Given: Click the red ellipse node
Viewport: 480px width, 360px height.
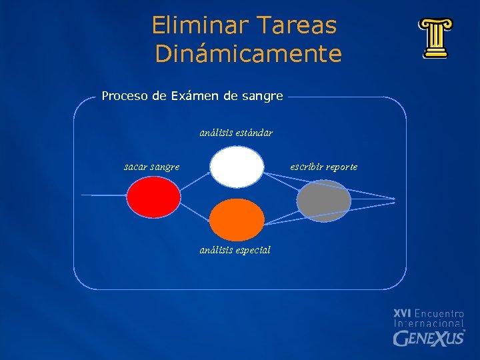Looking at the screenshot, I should [154, 197].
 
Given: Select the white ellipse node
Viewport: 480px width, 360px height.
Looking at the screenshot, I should [237, 167].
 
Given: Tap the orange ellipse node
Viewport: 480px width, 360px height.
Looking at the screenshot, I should [237, 220].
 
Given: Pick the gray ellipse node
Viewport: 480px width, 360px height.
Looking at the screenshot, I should [323, 201].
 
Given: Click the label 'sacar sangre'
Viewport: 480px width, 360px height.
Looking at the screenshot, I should [151, 167].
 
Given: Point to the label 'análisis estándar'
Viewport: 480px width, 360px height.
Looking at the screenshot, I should [236, 133].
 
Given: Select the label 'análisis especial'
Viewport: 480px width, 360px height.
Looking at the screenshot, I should [235, 250].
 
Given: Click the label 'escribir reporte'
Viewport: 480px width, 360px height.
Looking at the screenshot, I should [324, 167].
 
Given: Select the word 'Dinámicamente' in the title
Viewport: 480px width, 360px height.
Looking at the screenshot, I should [248, 54].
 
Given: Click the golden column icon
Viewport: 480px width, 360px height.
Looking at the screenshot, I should [435, 39].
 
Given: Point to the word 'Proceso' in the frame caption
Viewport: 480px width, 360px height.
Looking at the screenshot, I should [125, 96].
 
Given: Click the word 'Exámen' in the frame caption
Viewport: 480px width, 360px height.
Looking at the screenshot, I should [195, 96].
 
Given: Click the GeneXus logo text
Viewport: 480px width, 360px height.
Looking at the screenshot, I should [429, 338].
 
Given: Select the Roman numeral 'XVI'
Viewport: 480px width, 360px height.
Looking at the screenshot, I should [402, 313].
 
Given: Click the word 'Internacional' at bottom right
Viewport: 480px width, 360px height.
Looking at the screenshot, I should [429, 323].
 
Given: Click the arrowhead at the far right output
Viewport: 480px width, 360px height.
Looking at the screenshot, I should [395, 199].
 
